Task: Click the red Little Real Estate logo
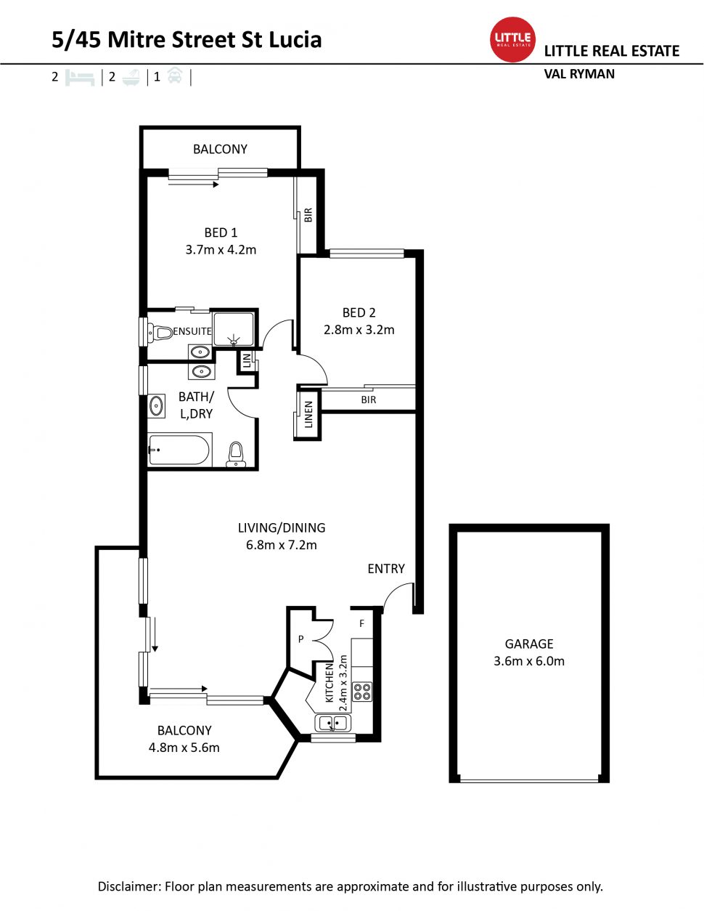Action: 513,39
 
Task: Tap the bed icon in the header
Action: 80,77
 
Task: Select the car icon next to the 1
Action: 175,76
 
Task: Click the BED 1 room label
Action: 221,232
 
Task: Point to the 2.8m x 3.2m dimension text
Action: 359,330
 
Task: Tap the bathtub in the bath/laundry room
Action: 179,450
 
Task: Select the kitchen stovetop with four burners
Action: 362,691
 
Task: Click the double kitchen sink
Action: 333,723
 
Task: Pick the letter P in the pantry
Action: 300,639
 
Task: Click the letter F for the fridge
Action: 362,623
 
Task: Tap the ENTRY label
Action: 386,569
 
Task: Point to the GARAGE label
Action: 529,644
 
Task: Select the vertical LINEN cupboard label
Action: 308,415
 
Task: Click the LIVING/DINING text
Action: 282,528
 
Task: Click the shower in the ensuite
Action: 234,329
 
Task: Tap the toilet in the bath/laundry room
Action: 236,455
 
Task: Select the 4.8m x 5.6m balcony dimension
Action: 184,748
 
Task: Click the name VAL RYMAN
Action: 579,74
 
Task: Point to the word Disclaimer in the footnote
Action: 128,886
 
